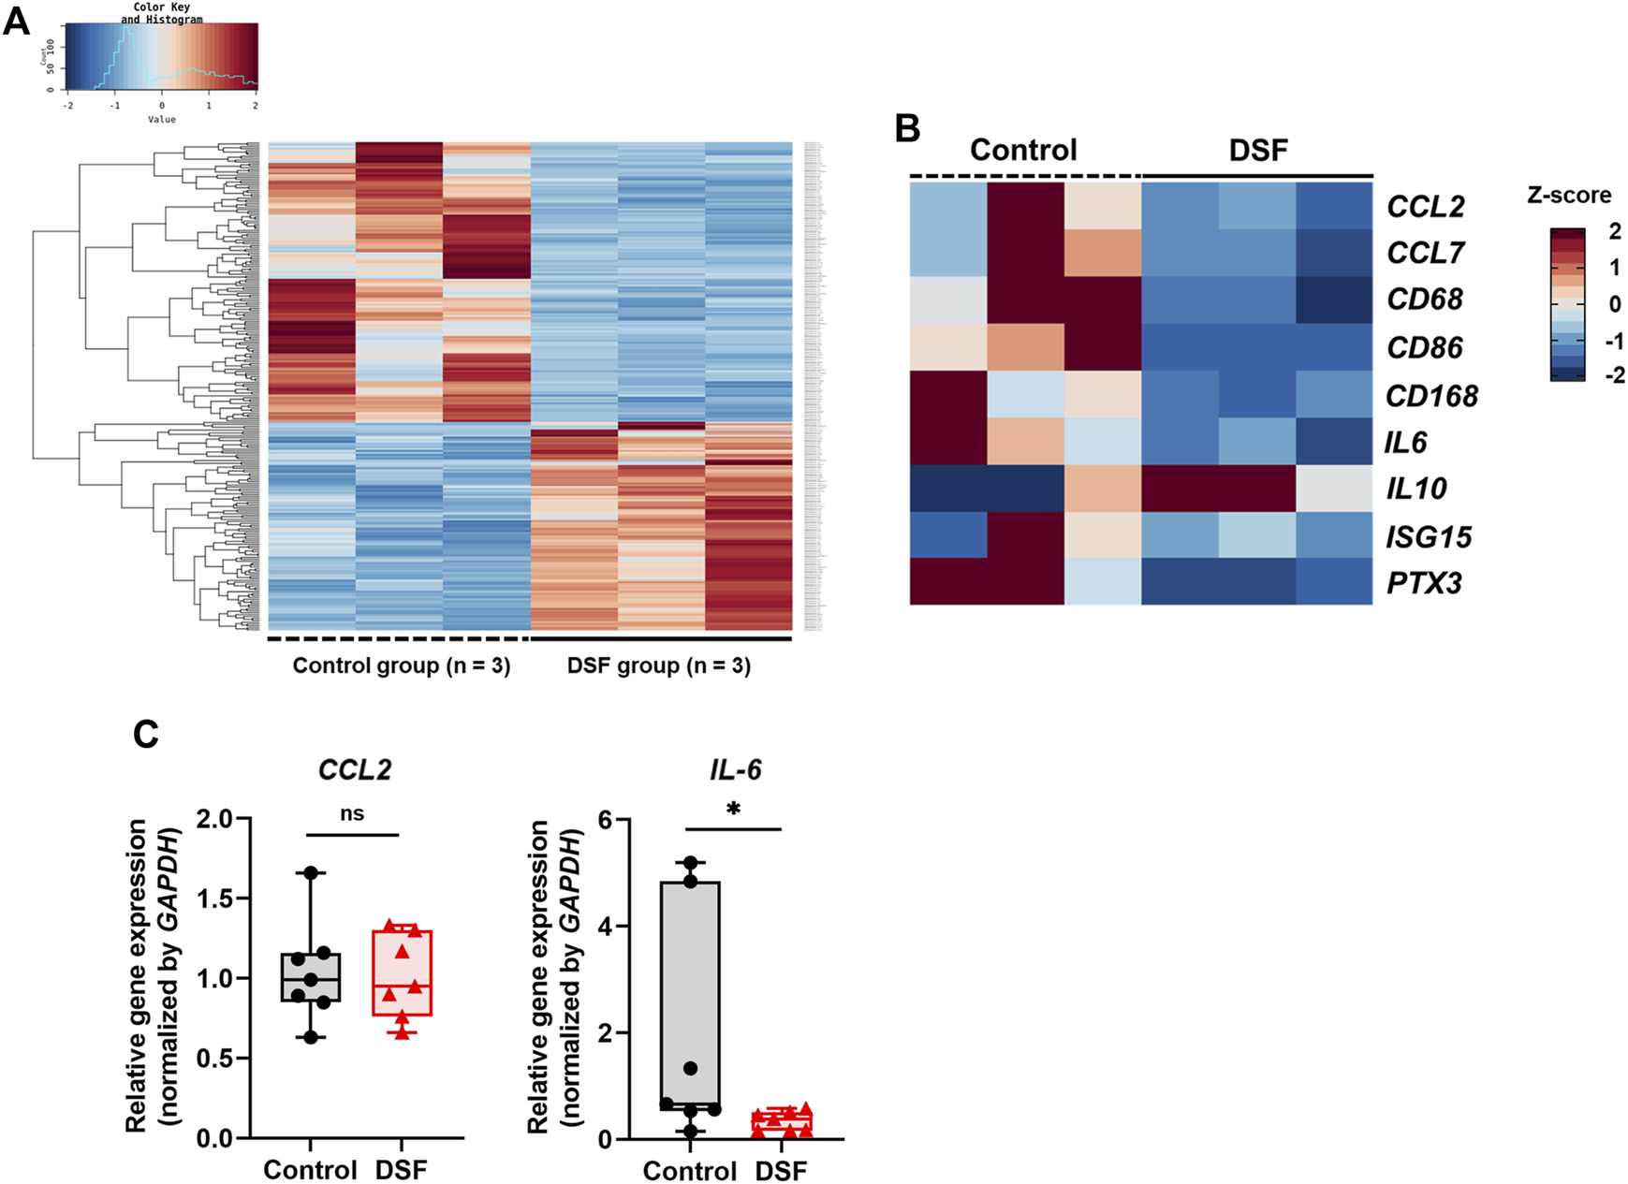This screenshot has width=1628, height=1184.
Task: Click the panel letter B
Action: [907, 128]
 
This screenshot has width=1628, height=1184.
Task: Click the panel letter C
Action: [146, 735]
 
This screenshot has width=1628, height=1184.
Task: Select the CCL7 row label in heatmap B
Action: [1425, 253]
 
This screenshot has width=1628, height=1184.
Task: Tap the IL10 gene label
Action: [1416, 489]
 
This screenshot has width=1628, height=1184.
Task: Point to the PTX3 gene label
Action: [1424, 583]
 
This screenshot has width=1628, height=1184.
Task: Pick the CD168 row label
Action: [1431, 396]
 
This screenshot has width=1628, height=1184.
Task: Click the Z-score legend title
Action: [1569, 196]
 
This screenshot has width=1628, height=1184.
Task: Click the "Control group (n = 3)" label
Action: [402, 665]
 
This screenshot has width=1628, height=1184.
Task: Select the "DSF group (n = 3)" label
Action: [659, 665]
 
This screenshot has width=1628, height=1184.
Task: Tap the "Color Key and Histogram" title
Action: [161, 13]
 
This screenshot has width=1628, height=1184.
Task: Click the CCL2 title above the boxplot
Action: [354, 769]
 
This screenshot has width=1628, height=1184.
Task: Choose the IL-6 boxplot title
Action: [735, 769]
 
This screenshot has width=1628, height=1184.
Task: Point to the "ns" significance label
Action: [352, 813]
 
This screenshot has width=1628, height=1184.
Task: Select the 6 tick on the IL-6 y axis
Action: [605, 820]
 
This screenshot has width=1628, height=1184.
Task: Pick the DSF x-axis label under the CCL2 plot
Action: [401, 1170]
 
